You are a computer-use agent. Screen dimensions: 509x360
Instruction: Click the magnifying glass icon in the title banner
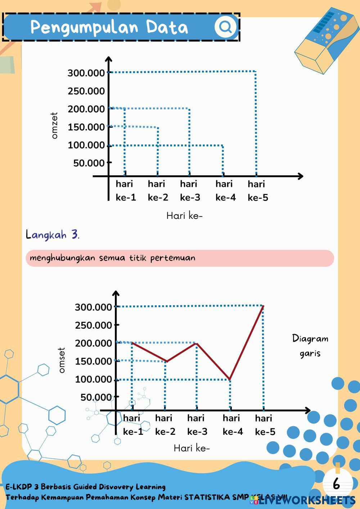pos(225,27)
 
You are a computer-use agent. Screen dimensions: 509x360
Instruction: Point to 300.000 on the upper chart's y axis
pos(86,73)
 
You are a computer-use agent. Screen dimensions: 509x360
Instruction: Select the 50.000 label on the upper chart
pos(89,163)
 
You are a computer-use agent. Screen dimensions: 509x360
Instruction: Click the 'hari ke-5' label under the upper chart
pos(258,191)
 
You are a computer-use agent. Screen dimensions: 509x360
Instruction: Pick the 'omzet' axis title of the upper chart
pos(55,125)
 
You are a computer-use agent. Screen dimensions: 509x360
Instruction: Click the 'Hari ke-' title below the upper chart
pos(184,216)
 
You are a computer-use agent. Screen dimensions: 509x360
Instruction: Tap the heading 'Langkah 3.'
pos(53,235)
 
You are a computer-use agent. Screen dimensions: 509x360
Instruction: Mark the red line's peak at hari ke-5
pos(264,306)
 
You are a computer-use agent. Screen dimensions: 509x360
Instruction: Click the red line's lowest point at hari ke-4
pos(230,379)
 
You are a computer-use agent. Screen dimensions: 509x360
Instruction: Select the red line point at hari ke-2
pos(166,361)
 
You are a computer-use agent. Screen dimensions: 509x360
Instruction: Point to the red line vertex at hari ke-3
pos(197,343)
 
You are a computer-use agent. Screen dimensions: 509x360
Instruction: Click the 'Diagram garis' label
pos(310,346)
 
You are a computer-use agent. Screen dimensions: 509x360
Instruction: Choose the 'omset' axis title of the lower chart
pos(62,360)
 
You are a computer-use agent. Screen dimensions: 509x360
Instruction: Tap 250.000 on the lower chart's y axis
pos(93,325)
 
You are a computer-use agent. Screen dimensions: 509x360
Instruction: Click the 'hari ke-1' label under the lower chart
pos(133,425)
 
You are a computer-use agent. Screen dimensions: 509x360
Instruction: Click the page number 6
pos(336,484)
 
